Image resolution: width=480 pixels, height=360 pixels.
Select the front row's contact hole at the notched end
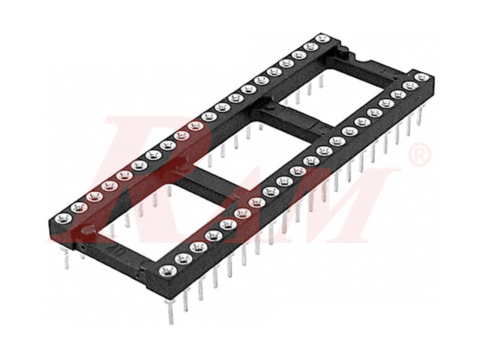point(422,77)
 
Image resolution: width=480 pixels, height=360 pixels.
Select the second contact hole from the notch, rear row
point(310,46)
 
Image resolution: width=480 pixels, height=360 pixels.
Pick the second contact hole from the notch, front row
point(409,86)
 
